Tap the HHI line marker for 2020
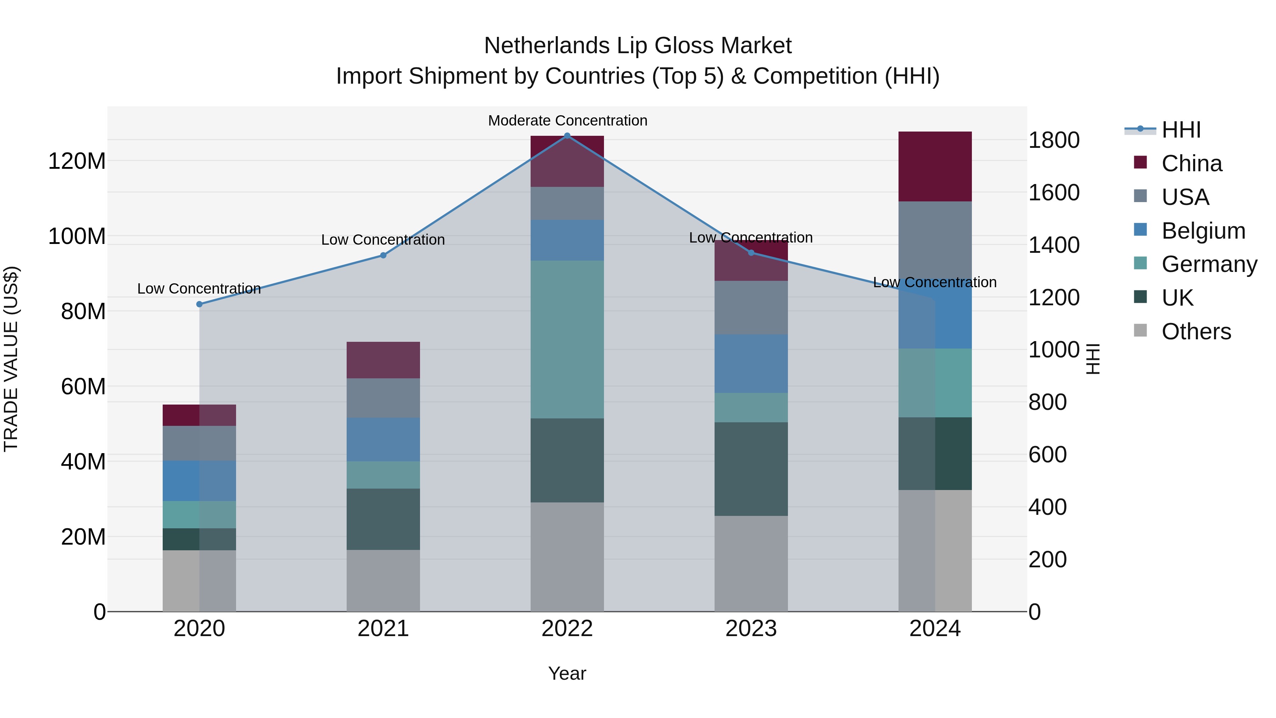[x=200, y=304]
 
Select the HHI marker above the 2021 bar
[x=383, y=255]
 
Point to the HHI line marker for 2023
[x=751, y=253]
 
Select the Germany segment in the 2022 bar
[x=567, y=339]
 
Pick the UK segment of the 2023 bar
[x=751, y=469]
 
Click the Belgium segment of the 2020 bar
[x=200, y=481]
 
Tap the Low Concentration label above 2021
[x=383, y=240]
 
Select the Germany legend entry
[x=1209, y=264]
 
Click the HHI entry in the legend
[x=1181, y=130]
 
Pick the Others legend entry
[x=1196, y=332]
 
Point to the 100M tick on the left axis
[x=77, y=236]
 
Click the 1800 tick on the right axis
[x=1054, y=140]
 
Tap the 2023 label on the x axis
[x=751, y=629]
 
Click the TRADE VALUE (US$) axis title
[x=11, y=359]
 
